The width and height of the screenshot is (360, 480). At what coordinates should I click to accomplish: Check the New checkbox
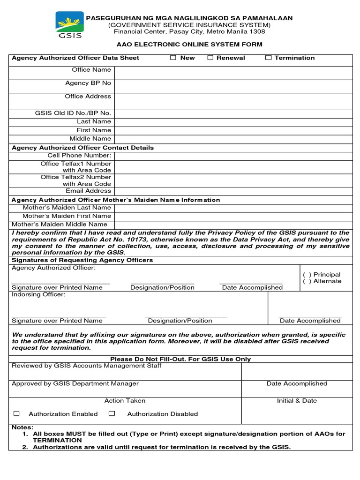173,58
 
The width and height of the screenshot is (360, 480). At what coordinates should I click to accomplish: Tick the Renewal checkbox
210,58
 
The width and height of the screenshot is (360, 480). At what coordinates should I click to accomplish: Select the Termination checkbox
268,58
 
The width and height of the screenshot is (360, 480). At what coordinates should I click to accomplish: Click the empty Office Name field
233,73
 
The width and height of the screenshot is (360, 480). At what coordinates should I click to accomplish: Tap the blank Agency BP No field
233,86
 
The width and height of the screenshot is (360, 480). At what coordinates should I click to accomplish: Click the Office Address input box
233,101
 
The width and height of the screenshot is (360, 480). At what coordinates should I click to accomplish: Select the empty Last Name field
233,122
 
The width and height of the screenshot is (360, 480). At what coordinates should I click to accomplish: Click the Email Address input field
233,191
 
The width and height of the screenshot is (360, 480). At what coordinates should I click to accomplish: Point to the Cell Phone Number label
79,155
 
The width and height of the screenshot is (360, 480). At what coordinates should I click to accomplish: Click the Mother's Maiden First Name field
233,216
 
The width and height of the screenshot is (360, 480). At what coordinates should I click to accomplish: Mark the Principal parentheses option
307,275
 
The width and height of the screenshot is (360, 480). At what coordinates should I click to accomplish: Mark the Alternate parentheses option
307,281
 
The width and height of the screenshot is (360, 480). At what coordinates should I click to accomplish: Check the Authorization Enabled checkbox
17,413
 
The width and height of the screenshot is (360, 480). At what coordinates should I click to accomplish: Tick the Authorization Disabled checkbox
112,413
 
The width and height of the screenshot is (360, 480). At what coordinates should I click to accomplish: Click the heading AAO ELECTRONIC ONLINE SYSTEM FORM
189,45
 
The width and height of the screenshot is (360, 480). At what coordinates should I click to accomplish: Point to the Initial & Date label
297,401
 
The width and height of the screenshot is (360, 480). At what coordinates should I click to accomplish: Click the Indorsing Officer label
38,295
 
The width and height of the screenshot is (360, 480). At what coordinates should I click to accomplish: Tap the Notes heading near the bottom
22,427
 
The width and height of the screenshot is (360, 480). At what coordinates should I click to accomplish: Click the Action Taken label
125,401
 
